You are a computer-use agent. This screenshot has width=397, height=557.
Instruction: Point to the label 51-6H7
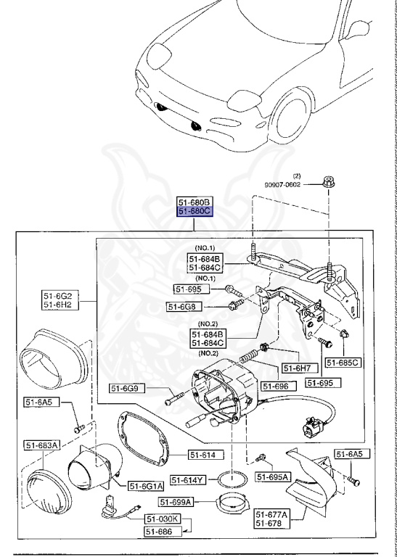click(x=296, y=368)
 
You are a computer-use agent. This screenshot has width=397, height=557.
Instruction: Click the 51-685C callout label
click(x=342, y=362)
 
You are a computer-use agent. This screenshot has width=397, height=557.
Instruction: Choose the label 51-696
click(x=276, y=386)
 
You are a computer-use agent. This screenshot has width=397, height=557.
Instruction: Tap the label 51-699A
click(x=175, y=502)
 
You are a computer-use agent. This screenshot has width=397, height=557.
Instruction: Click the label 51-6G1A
click(x=147, y=485)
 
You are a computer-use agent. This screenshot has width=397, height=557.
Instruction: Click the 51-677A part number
click(x=272, y=514)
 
